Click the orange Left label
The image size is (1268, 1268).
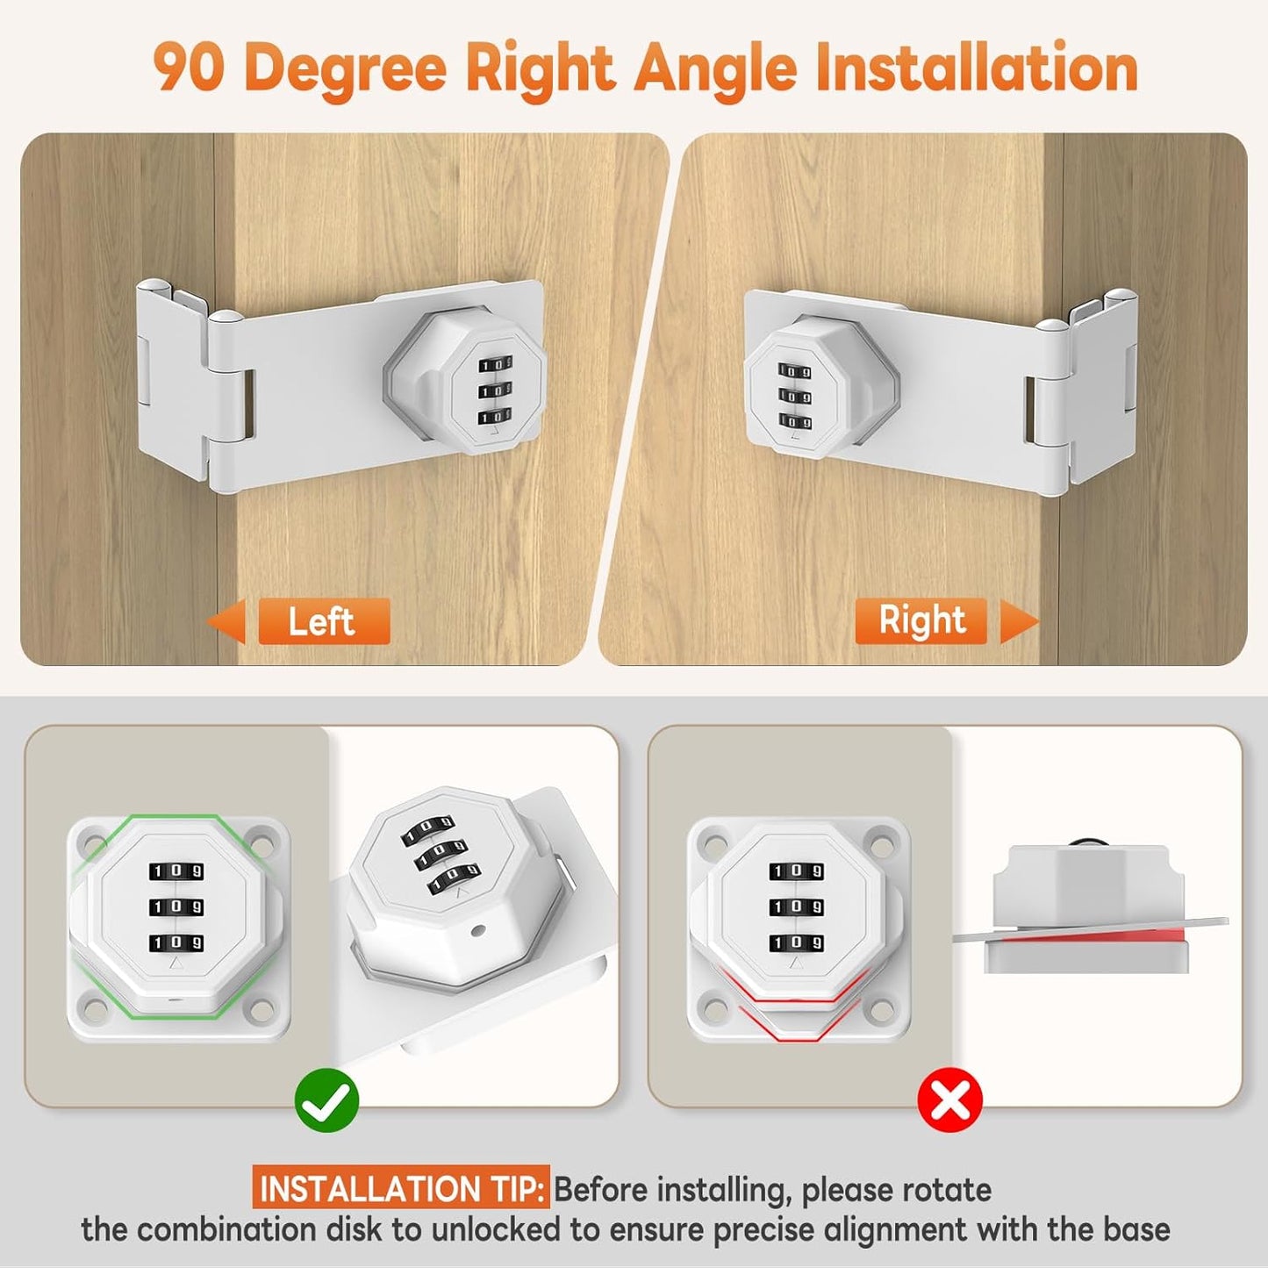click(x=323, y=621)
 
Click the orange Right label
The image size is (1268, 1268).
click(x=921, y=620)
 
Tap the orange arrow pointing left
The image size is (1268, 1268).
click(x=226, y=621)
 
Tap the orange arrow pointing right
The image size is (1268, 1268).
click(x=1018, y=621)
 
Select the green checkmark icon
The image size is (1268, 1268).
click(x=326, y=1100)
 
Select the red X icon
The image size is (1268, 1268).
click(x=949, y=1100)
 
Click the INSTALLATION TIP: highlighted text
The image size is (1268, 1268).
click(x=402, y=1189)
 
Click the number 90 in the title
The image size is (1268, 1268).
click(x=188, y=68)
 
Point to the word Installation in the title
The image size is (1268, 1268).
click(x=976, y=68)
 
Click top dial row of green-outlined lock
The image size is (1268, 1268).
click(x=176, y=871)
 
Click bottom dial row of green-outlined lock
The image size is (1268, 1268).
click(x=176, y=942)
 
